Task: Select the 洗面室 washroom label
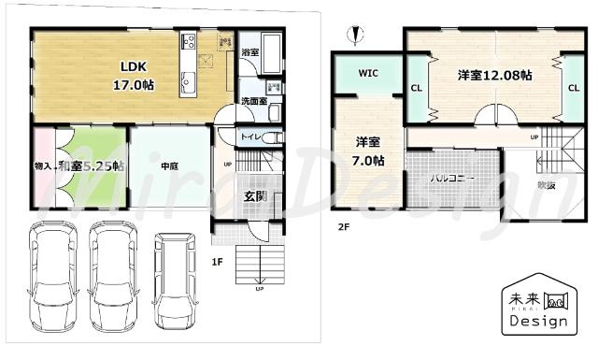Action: (x=253, y=101)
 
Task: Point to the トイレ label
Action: (x=251, y=137)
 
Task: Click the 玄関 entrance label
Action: (x=256, y=196)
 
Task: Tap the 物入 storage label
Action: (x=44, y=166)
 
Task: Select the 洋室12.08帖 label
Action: (x=494, y=74)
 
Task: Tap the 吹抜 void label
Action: (x=546, y=185)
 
